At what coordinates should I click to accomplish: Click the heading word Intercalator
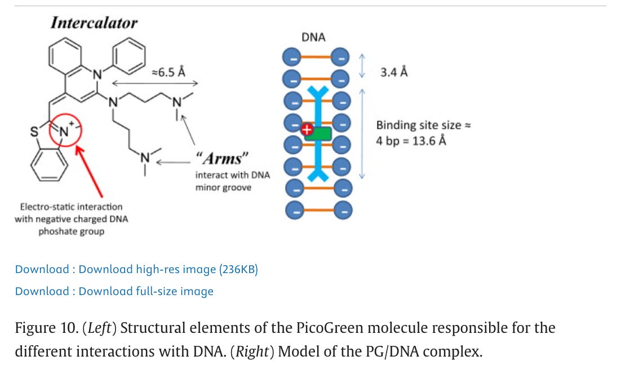point(94,23)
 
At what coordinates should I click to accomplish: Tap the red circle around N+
point(66,132)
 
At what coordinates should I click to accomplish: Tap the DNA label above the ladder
point(313,38)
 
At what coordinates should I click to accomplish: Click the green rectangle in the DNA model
point(318,133)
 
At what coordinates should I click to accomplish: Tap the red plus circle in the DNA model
point(308,130)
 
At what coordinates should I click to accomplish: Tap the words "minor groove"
point(223,187)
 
